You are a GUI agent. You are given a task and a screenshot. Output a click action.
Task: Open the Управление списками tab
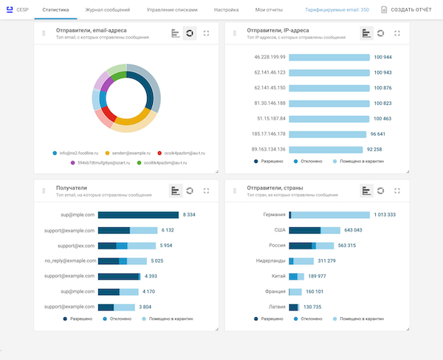pos(172,10)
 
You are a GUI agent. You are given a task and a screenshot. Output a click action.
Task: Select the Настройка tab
pos(226,10)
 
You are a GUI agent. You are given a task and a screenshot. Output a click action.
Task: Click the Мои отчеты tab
pos(269,10)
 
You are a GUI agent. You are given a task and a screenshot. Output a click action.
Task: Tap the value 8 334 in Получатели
pos(189,215)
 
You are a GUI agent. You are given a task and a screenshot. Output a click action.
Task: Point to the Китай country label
pos(274,277)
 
